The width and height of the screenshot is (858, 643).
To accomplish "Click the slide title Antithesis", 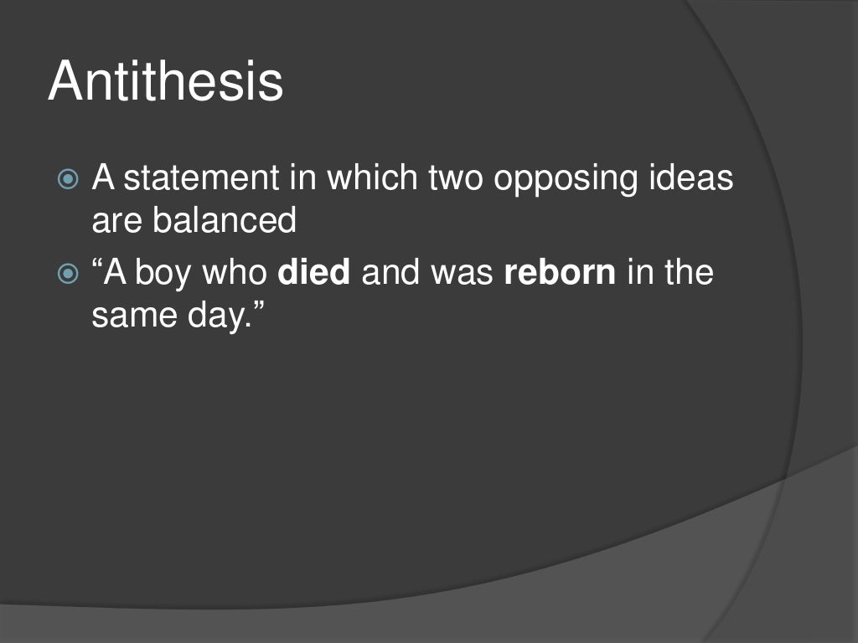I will (x=165, y=82).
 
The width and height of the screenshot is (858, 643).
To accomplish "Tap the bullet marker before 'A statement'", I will (x=70, y=179).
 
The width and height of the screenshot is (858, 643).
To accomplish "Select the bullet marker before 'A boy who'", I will (x=70, y=274).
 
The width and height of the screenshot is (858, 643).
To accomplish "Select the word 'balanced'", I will (x=225, y=220).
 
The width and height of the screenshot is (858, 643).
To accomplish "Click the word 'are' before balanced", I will (x=117, y=222).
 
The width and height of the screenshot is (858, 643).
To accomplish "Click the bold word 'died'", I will (x=313, y=273).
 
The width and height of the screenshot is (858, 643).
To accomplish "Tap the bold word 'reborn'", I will (x=559, y=273).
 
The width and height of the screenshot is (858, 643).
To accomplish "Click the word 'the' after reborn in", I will (x=690, y=273).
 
